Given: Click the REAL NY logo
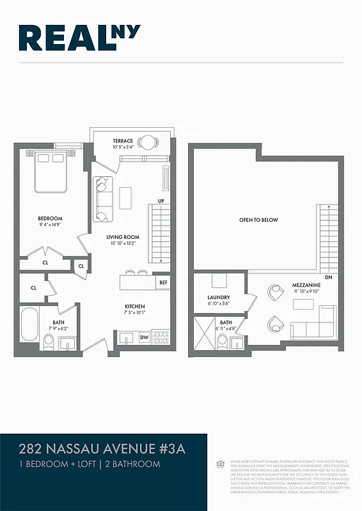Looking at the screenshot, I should [x=79, y=38].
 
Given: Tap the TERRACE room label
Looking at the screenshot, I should [x=123, y=141].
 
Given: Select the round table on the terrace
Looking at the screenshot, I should [x=148, y=142].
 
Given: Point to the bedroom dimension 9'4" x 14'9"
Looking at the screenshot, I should [x=49, y=225].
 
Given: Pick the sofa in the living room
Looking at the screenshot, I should [x=104, y=197].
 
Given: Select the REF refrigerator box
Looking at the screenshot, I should [x=163, y=282].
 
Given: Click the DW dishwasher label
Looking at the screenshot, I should [x=144, y=337].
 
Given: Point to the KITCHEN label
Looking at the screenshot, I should [x=134, y=307].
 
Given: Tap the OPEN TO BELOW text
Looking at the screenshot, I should [x=258, y=220].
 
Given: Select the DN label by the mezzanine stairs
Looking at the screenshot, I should [x=329, y=278].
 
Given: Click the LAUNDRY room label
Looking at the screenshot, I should [x=218, y=298].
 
